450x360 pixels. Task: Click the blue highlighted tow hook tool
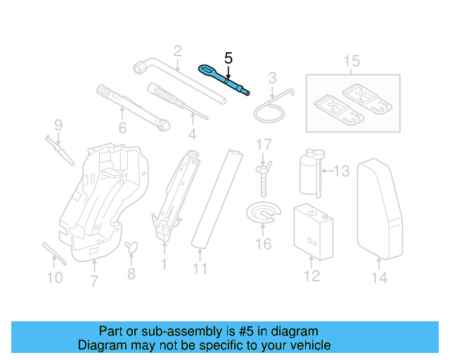coord(224,79)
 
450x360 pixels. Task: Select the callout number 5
coord(227,58)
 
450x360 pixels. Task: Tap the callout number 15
coord(351,61)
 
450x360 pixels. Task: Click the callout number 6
coord(122,128)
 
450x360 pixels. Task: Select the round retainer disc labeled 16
coord(262,214)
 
